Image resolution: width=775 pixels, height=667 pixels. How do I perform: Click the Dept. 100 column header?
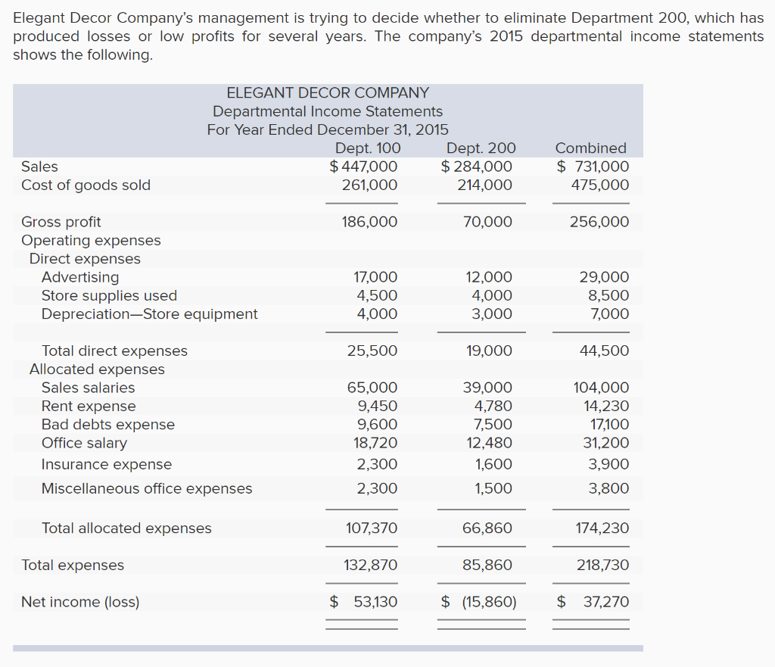point(368,148)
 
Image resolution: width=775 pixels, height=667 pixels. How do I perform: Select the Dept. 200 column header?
point(481,148)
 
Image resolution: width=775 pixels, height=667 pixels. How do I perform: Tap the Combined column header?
point(590,148)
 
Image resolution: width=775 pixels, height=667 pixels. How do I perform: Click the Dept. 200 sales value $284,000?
point(477,167)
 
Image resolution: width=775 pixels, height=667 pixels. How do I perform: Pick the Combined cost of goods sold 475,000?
point(600,185)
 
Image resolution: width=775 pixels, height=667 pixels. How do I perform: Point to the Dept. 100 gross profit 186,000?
point(369,222)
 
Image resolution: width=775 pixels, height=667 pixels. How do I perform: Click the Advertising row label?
point(80,277)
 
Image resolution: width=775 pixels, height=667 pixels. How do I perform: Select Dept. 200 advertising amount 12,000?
point(489,277)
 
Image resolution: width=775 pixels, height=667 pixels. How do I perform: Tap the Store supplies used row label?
point(109,296)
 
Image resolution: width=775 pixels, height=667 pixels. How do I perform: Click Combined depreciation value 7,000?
point(610,314)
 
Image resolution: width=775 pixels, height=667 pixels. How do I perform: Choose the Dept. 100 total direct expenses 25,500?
point(372,351)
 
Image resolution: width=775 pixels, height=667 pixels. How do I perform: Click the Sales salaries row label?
point(88,388)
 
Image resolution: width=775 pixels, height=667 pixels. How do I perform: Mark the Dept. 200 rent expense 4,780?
point(493,406)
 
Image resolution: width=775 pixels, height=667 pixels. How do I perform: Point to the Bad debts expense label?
point(108,425)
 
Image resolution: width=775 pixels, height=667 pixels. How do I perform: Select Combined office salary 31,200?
point(606,443)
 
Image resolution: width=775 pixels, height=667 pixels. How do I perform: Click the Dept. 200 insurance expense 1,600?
point(493,464)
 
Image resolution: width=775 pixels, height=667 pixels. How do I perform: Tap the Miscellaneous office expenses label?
point(147,488)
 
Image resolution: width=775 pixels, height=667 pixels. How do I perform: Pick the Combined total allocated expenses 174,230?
point(602,528)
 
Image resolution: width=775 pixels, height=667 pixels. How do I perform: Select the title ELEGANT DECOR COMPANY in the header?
point(328,93)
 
